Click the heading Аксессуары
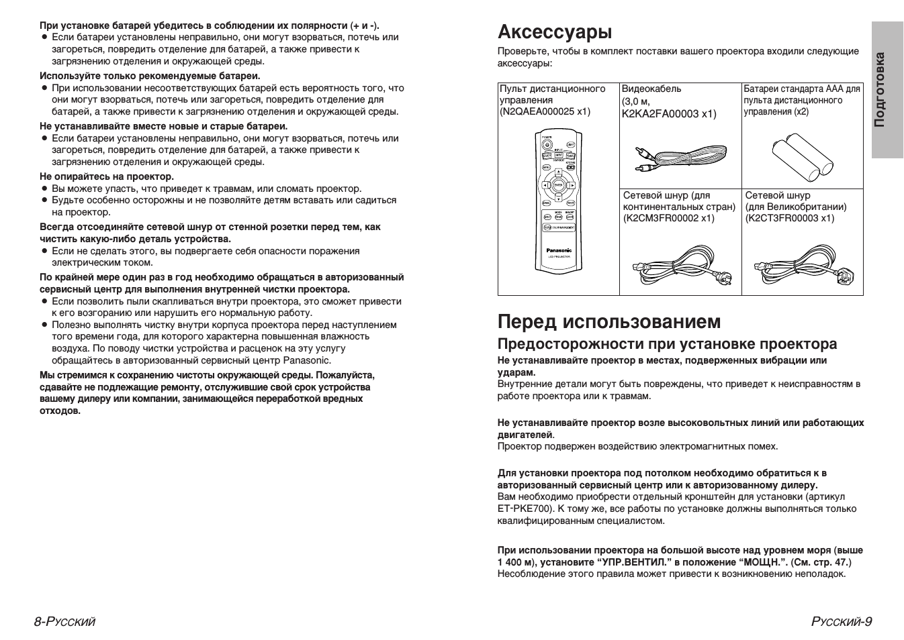[x=555, y=32]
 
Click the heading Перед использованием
[x=609, y=322]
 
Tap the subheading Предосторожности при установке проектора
[x=667, y=344]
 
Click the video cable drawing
[x=680, y=158]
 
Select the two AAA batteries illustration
[x=803, y=154]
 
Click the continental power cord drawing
[x=680, y=267]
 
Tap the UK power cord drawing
[x=803, y=267]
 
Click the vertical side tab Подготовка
[x=887, y=90]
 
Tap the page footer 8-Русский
[x=65, y=621]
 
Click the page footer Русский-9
[x=841, y=621]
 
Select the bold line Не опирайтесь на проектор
[x=107, y=176]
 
